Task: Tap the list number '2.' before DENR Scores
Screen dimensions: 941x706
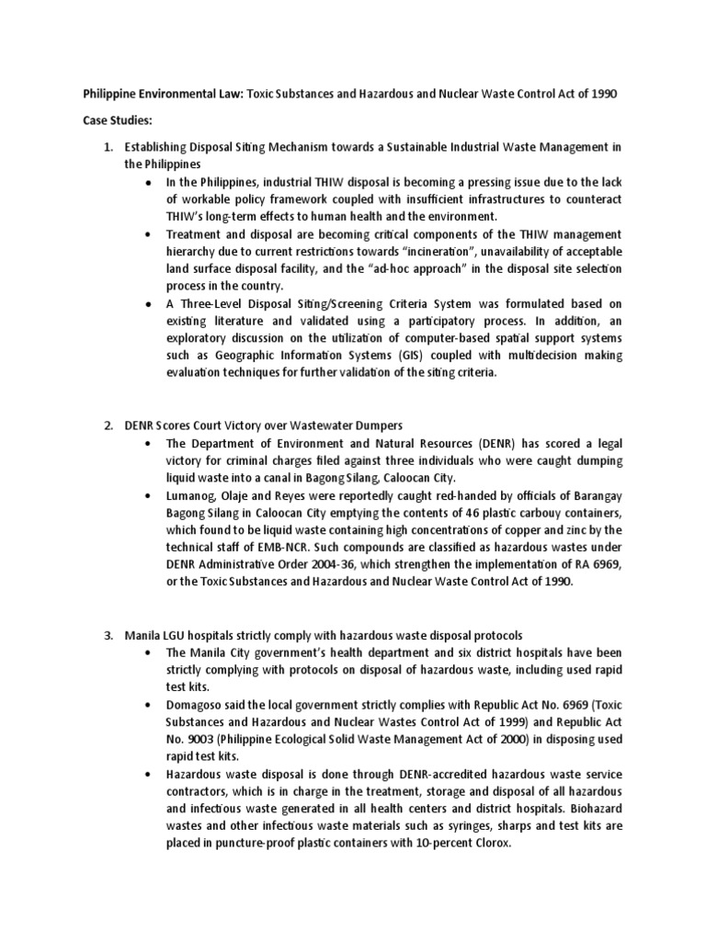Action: [x=108, y=425]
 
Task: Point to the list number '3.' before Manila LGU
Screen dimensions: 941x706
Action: [x=108, y=635]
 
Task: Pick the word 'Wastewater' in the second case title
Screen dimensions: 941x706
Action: [x=323, y=425]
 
